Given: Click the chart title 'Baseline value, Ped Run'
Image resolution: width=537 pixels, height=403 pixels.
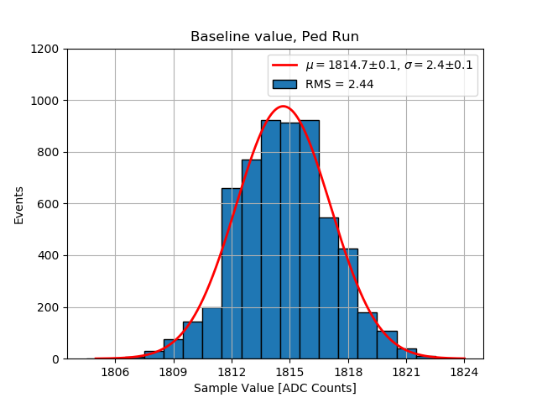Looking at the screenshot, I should [274, 37].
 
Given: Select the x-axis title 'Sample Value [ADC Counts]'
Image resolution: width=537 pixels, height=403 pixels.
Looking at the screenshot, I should [274, 388].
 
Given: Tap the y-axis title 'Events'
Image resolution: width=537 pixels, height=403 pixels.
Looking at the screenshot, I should [19, 204].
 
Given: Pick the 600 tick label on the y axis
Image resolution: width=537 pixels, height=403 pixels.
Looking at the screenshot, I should [48, 204].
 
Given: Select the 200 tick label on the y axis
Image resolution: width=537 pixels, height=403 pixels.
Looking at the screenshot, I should [48, 307].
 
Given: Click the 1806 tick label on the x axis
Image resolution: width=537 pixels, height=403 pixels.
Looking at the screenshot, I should [114, 371].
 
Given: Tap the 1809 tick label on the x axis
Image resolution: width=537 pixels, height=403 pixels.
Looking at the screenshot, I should [173, 371].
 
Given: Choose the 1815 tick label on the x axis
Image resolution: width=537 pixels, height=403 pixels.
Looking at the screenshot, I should [289, 371].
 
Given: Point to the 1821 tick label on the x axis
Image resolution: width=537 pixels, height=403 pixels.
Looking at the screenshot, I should [406, 371].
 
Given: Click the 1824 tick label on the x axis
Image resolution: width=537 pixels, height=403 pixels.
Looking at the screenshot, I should [464, 371].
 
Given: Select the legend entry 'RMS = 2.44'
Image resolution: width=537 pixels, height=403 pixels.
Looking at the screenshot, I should [340, 84].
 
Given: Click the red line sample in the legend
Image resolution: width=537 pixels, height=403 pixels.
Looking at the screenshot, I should [285, 65].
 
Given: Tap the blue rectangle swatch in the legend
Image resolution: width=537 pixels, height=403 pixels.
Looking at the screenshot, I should [285, 84].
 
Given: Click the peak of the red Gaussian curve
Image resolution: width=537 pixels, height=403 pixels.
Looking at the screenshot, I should [284, 107].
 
